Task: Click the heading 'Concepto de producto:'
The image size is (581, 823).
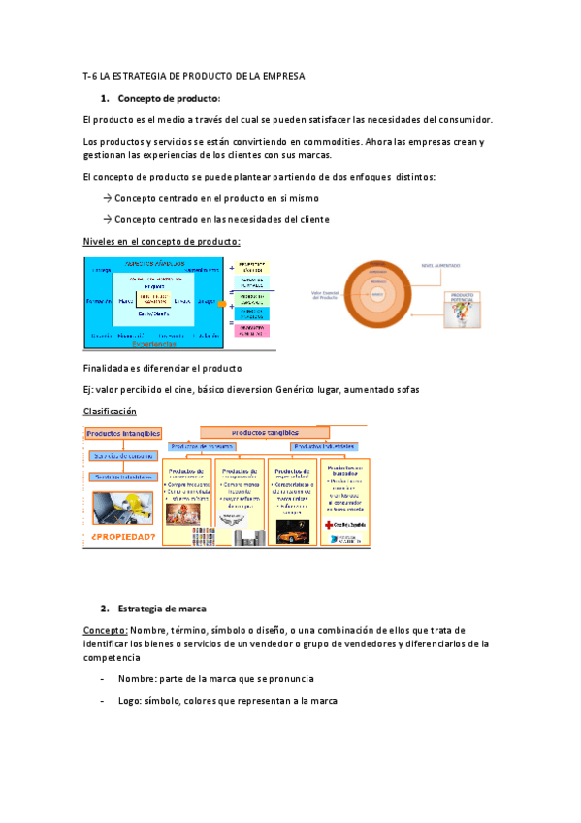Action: (169, 98)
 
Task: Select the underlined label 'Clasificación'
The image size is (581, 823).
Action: (110, 411)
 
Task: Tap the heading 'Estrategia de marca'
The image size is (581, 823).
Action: (161, 609)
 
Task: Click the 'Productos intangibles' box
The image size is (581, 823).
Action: (122, 434)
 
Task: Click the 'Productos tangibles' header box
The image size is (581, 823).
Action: (265, 432)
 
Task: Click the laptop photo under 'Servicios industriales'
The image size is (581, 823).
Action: (122, 507)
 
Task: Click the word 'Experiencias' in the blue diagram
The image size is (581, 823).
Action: (154, 344)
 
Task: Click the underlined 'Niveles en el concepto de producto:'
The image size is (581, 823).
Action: (162, 241)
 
